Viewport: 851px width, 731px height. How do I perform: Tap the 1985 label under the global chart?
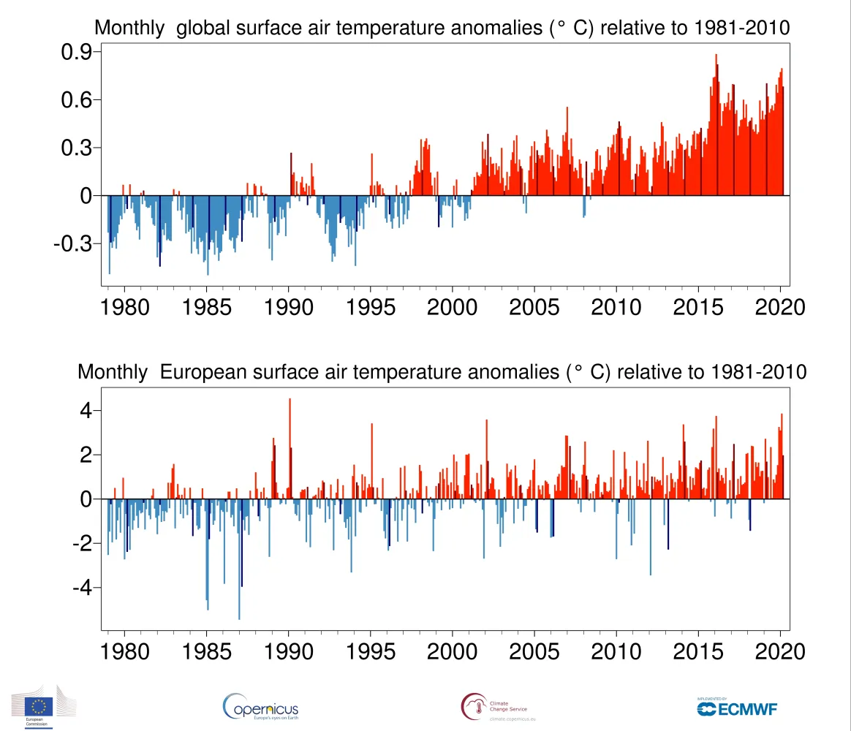207,306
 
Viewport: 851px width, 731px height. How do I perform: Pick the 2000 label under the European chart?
453,651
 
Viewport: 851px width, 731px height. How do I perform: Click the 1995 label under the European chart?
371,651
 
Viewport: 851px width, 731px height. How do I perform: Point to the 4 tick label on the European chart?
86,411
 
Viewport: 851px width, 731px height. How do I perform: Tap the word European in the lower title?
212,372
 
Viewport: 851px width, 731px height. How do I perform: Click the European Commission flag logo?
39,707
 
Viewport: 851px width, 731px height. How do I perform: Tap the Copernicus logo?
260,707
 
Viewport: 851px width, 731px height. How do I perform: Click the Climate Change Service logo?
493,707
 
